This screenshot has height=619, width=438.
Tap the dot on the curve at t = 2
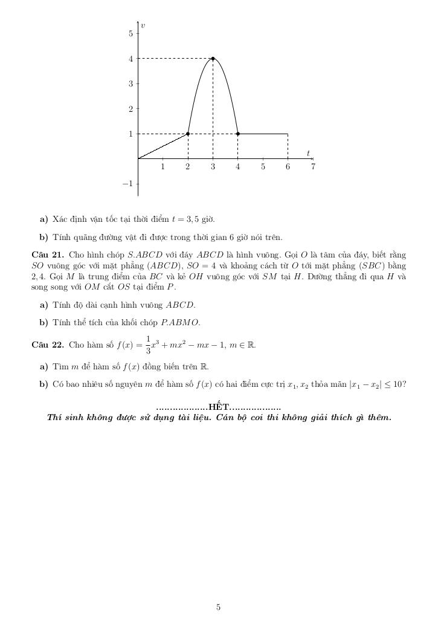point(188,134)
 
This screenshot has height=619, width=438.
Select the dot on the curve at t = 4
point(238,134)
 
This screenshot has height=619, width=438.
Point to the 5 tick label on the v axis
point(130,33)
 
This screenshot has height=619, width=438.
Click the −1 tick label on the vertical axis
point(127,184)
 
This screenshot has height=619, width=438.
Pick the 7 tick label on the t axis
point(313,167)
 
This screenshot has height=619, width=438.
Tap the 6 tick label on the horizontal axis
point(288,167)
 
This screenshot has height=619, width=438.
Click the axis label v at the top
point(143,25)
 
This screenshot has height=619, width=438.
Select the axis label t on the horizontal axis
point(308,153)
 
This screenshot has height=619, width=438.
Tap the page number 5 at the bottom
point(219,608)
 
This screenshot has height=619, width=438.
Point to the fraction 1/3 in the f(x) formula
point(149,345)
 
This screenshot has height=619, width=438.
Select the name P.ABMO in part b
point(180,322)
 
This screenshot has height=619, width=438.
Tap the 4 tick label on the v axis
point(130,59)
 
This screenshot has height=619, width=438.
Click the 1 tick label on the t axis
point(163,167)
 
